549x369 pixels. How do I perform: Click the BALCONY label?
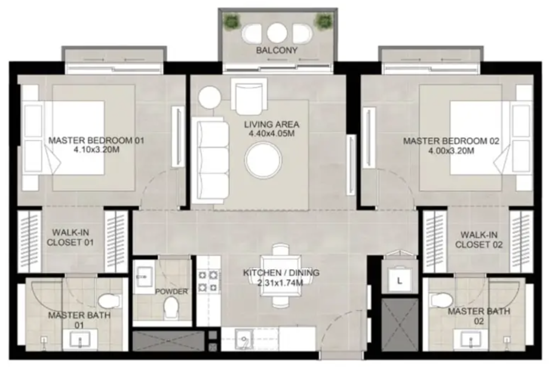click(x=277, y=50)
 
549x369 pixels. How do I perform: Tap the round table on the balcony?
click(x=277, y=33)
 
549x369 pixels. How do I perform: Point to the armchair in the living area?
click(x=249, y=97)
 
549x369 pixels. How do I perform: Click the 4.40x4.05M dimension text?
click(x=272, y=134)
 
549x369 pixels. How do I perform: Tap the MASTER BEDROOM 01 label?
click(x=96, y=141)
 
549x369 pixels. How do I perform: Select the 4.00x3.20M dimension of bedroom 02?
click(x=451, y=151)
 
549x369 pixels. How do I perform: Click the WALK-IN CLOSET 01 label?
click(x=70, y=238)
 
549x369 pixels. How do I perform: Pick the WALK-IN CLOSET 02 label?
click(x=479, y=240)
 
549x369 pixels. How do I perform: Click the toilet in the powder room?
click(x=171, y=307)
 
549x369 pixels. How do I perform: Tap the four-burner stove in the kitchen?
click(x=208, y=281)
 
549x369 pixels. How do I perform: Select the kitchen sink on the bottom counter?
click(x=244, y=339)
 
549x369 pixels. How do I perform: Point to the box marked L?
click(x=399, y=280)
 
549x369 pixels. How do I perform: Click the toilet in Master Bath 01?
click(x=109, y=300)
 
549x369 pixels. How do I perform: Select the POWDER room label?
click(x=171, y=292)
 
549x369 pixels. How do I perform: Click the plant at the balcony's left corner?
click(x=232, y=22)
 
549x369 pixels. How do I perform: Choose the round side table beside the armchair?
click(x=209, y=97)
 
